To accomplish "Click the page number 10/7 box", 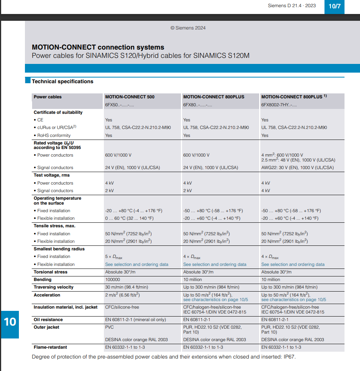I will [334, 6].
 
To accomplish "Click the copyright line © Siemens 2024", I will [188, 28].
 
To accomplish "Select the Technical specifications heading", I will [62, 81].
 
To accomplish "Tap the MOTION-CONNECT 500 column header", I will [130, 97].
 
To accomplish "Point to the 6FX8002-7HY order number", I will [279, 105].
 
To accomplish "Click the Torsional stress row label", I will [51, 272].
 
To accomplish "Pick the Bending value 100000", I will [113, 279].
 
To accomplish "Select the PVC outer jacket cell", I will [109, 327].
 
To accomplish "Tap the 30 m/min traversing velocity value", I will [126, 287].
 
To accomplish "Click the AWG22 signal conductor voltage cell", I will [297, 168].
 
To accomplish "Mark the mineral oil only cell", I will [135, 320].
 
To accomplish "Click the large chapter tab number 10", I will [10, 322].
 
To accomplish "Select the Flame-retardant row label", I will [51, 347].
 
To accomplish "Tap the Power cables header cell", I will [48, 97].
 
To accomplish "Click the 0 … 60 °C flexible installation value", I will [129, 218].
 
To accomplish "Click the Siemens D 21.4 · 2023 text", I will [292, 6].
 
